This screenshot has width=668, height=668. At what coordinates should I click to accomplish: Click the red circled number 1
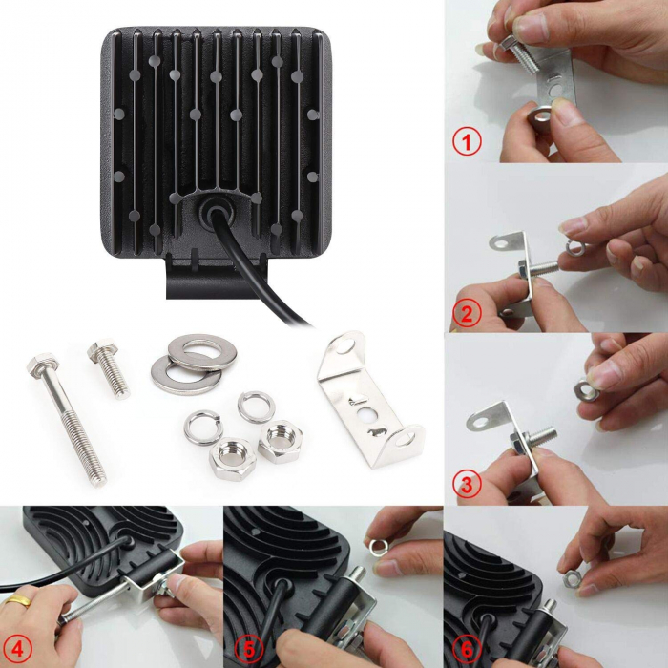[x=467, y=142]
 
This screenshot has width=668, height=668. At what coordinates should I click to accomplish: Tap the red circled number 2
[x=467, y=314]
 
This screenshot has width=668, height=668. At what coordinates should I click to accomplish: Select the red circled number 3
[x=467, y=485]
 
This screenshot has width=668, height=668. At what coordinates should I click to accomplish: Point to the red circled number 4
[x=17, y=650]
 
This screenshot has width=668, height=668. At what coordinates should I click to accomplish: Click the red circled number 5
[x=249, y=650]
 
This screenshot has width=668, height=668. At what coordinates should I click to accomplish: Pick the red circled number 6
[x=467, y=650]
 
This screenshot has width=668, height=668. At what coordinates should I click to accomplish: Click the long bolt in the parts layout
[x=67, y=420]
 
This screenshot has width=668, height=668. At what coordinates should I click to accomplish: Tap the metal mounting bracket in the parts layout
[x=370, y=400]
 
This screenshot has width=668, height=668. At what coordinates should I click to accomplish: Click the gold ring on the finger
[x=18, y=600]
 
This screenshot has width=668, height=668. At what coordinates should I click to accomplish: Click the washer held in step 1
[x=540, y=115]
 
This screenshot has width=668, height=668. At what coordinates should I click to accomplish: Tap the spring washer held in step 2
[x=574, y=248]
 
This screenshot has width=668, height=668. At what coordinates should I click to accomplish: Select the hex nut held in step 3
[x=585, y=390]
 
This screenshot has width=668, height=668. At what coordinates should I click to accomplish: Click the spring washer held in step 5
[x=379, y=547]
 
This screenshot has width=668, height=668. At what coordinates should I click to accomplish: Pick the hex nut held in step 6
[x=572, y=579]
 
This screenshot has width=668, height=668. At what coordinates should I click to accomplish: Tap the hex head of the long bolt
[x=42, y=363]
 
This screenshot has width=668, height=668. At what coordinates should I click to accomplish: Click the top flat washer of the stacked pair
[x=202, y=352]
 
